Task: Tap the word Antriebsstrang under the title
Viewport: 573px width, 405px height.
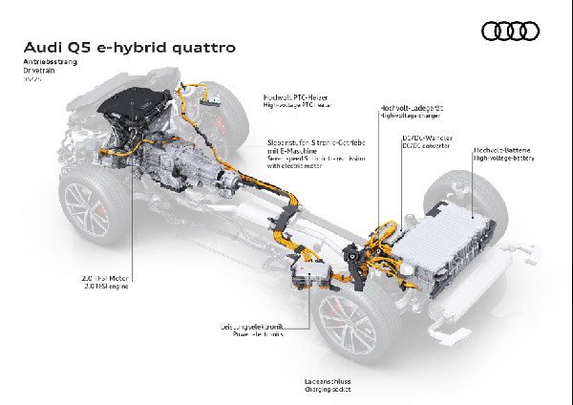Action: [x=48, y=61]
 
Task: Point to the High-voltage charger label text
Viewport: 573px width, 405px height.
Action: [x=408, y=117]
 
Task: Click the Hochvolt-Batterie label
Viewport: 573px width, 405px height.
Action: [x=504, y=151]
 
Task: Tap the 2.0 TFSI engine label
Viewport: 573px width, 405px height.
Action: [x=105, y=286]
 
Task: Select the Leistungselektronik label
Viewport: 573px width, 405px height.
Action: [x=254, y=327]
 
